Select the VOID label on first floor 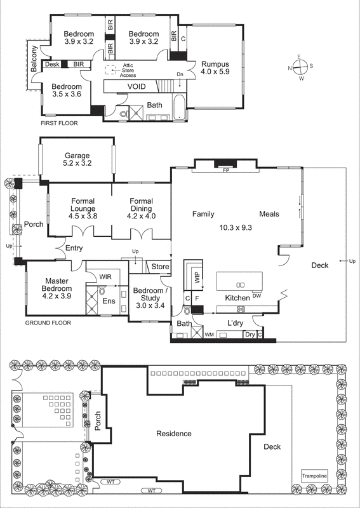tap(137, 86)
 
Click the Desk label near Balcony tap(51, 64)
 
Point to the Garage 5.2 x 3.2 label tap(77, 159)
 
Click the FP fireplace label tap(225, 171)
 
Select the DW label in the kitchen tap(257, 296)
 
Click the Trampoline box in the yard tap(314, 476)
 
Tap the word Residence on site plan tap(174, 434)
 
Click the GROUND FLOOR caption tap(48, 323)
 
